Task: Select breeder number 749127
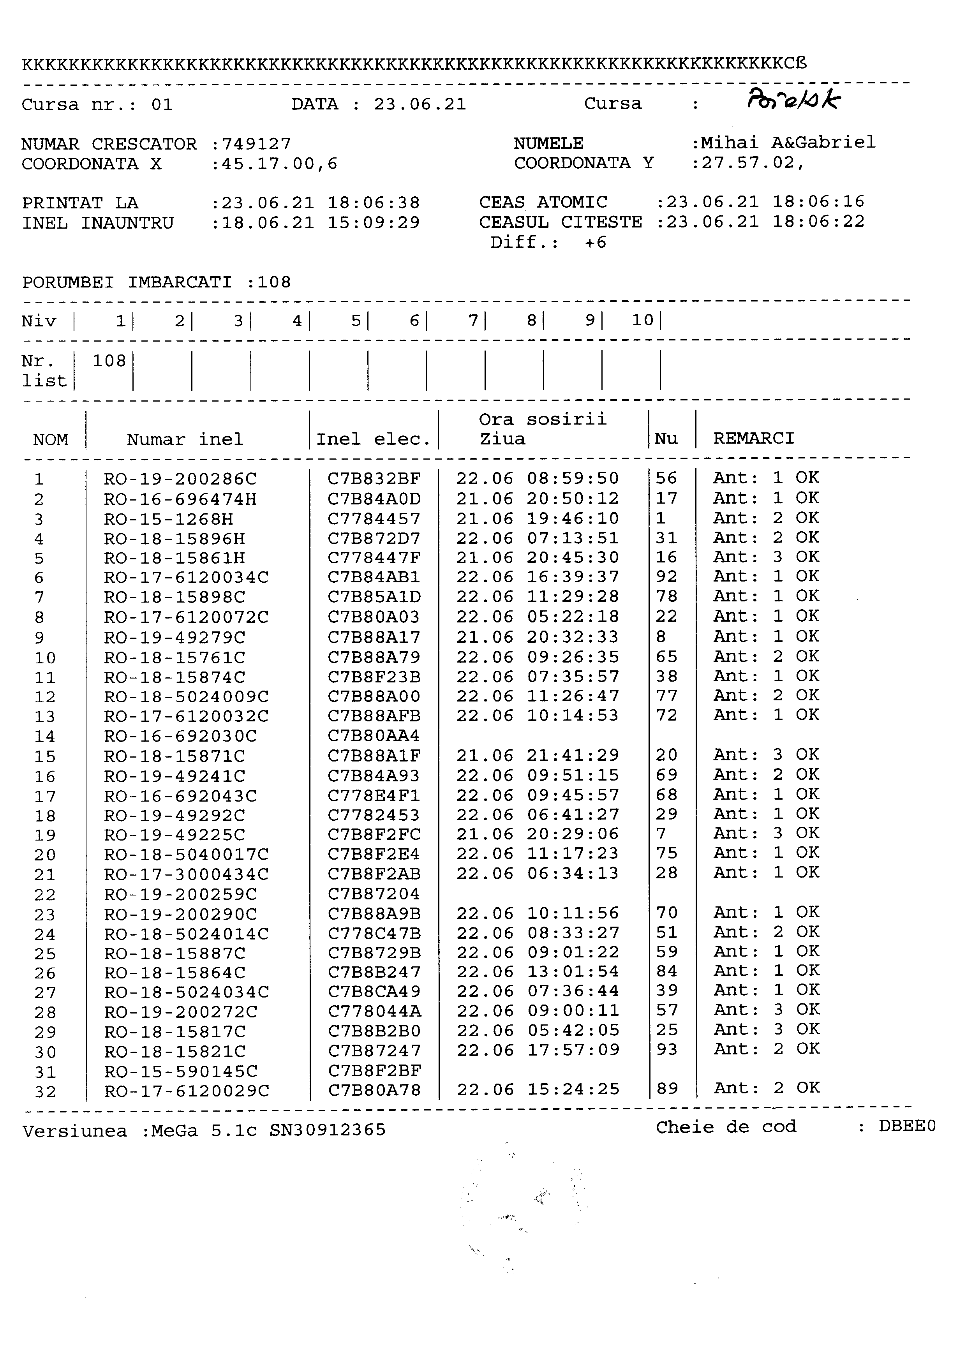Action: [256, 144]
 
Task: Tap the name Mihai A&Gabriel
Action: [788, 143]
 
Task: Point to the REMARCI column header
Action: [754, 439]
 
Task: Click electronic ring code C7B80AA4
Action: [374, 736]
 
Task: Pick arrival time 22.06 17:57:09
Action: [538, 1050]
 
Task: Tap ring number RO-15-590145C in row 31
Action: [181, 1072]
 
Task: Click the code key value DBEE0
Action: [906, 1126]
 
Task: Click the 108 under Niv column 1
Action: [109, 361]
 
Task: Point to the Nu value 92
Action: [666, 576]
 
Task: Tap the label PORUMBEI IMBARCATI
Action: [127, 282]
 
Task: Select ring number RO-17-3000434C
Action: [186, 874]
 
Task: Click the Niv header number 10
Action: [642, 321]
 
